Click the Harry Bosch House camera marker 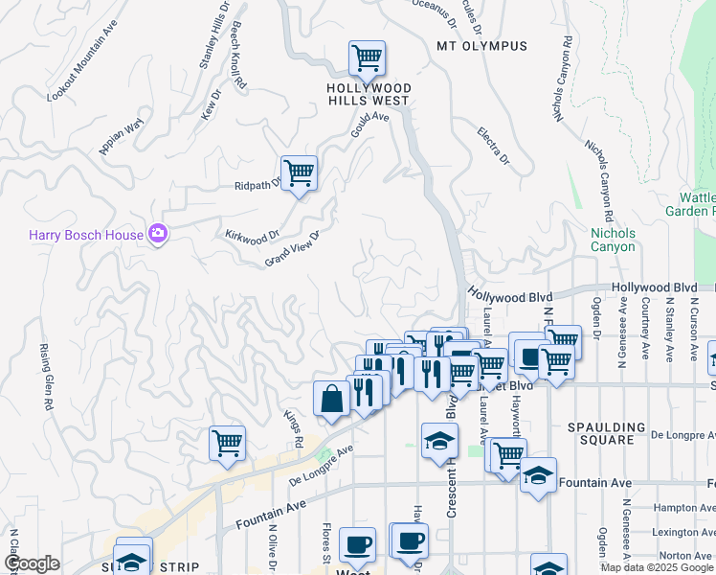(158, 233)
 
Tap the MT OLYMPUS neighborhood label (481, 46)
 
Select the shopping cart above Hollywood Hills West (367, 59)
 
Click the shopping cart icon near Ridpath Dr (299, 173)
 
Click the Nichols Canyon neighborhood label (613, 240)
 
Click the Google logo (32, 563)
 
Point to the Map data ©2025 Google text (657, 567)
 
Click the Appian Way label (121, 135)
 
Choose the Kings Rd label (293, 429)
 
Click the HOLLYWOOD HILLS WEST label (369, 94)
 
